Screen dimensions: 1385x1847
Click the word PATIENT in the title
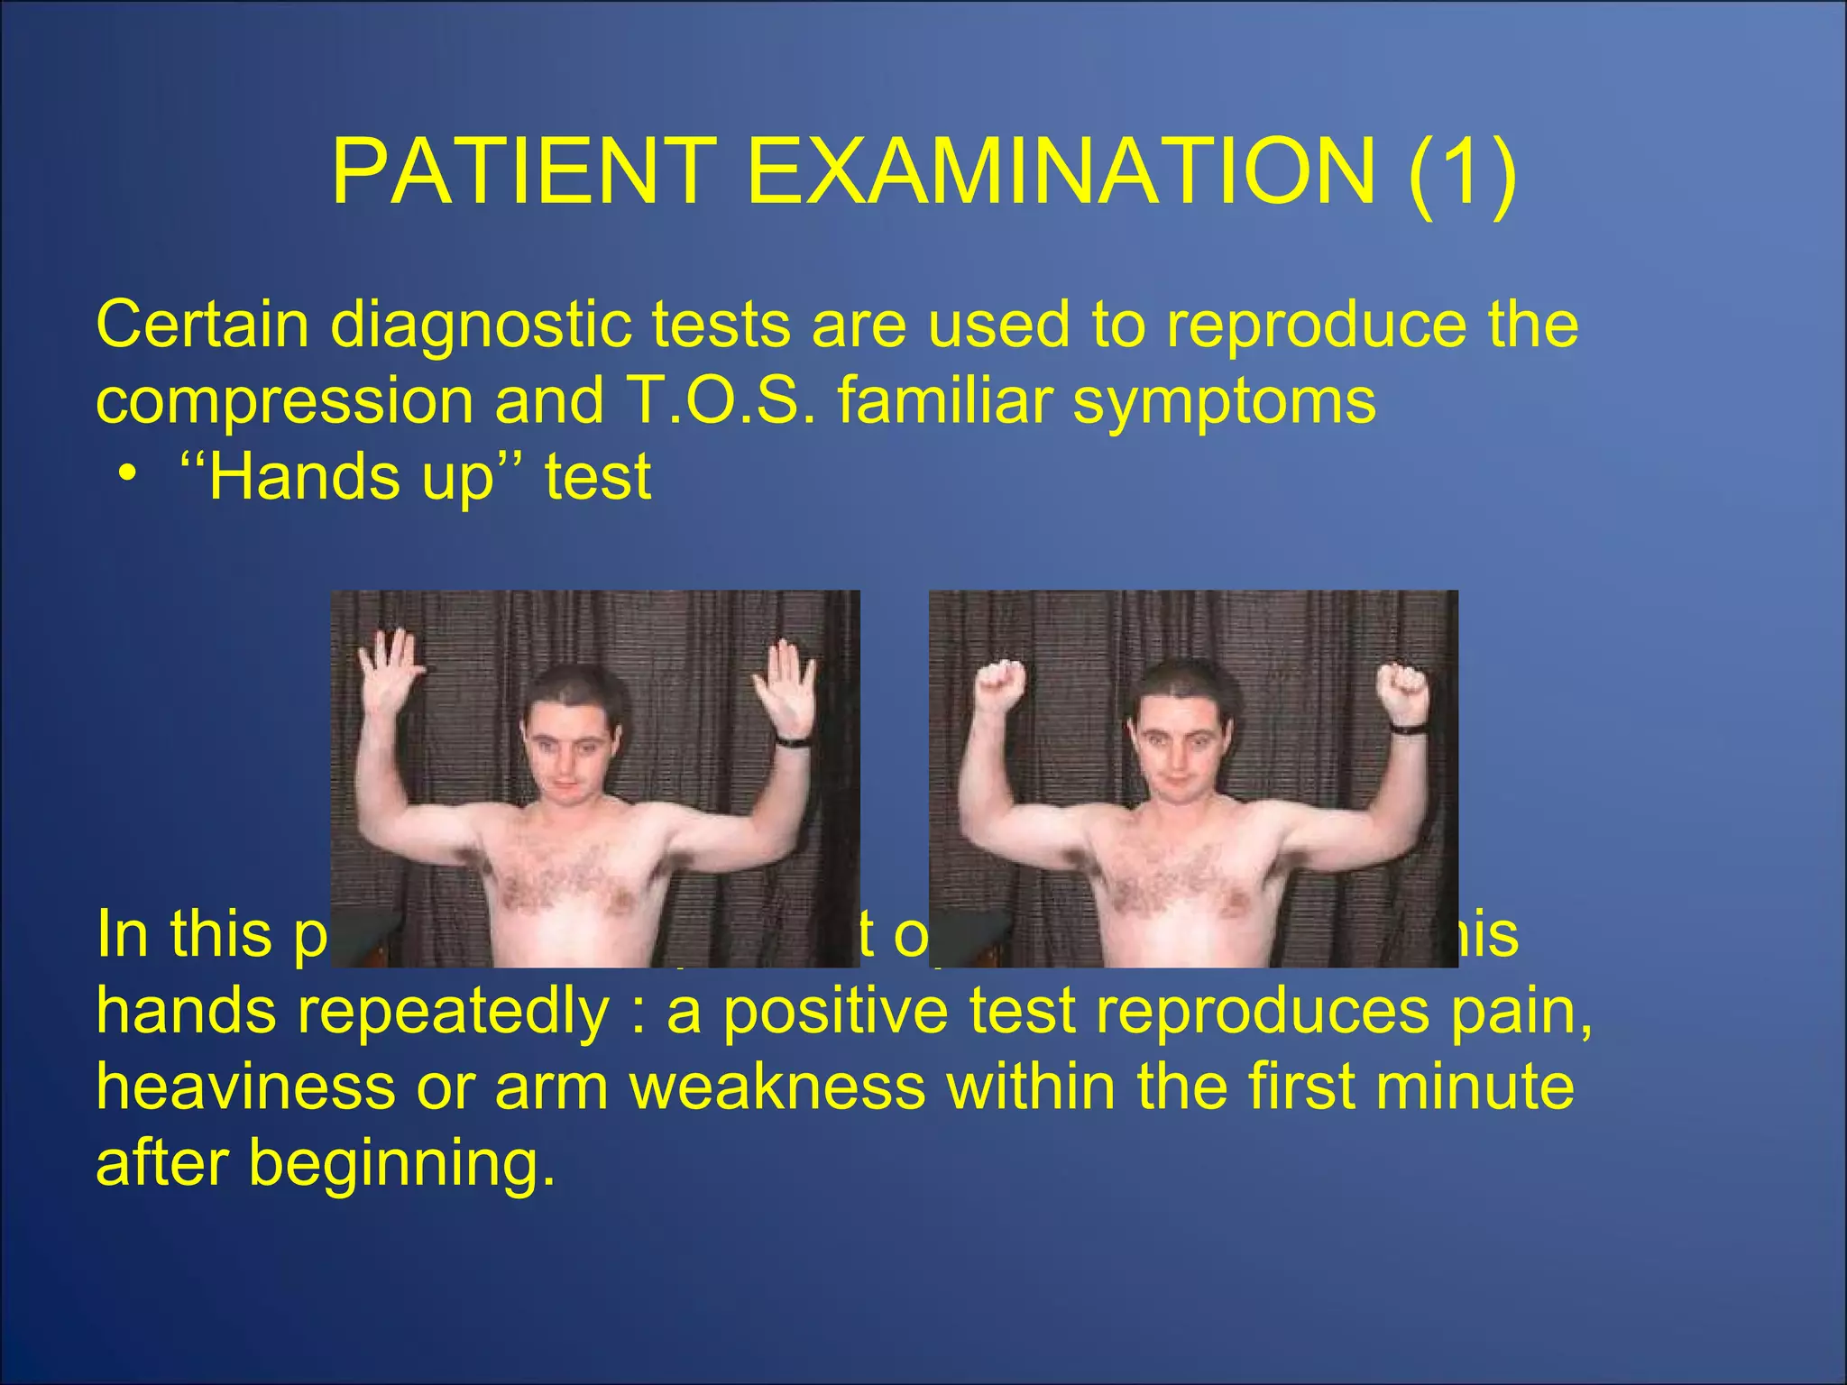click(523, 171)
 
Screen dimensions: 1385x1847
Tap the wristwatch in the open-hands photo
click(793, 741)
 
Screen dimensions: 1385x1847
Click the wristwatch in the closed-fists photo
click(1407, 727)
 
